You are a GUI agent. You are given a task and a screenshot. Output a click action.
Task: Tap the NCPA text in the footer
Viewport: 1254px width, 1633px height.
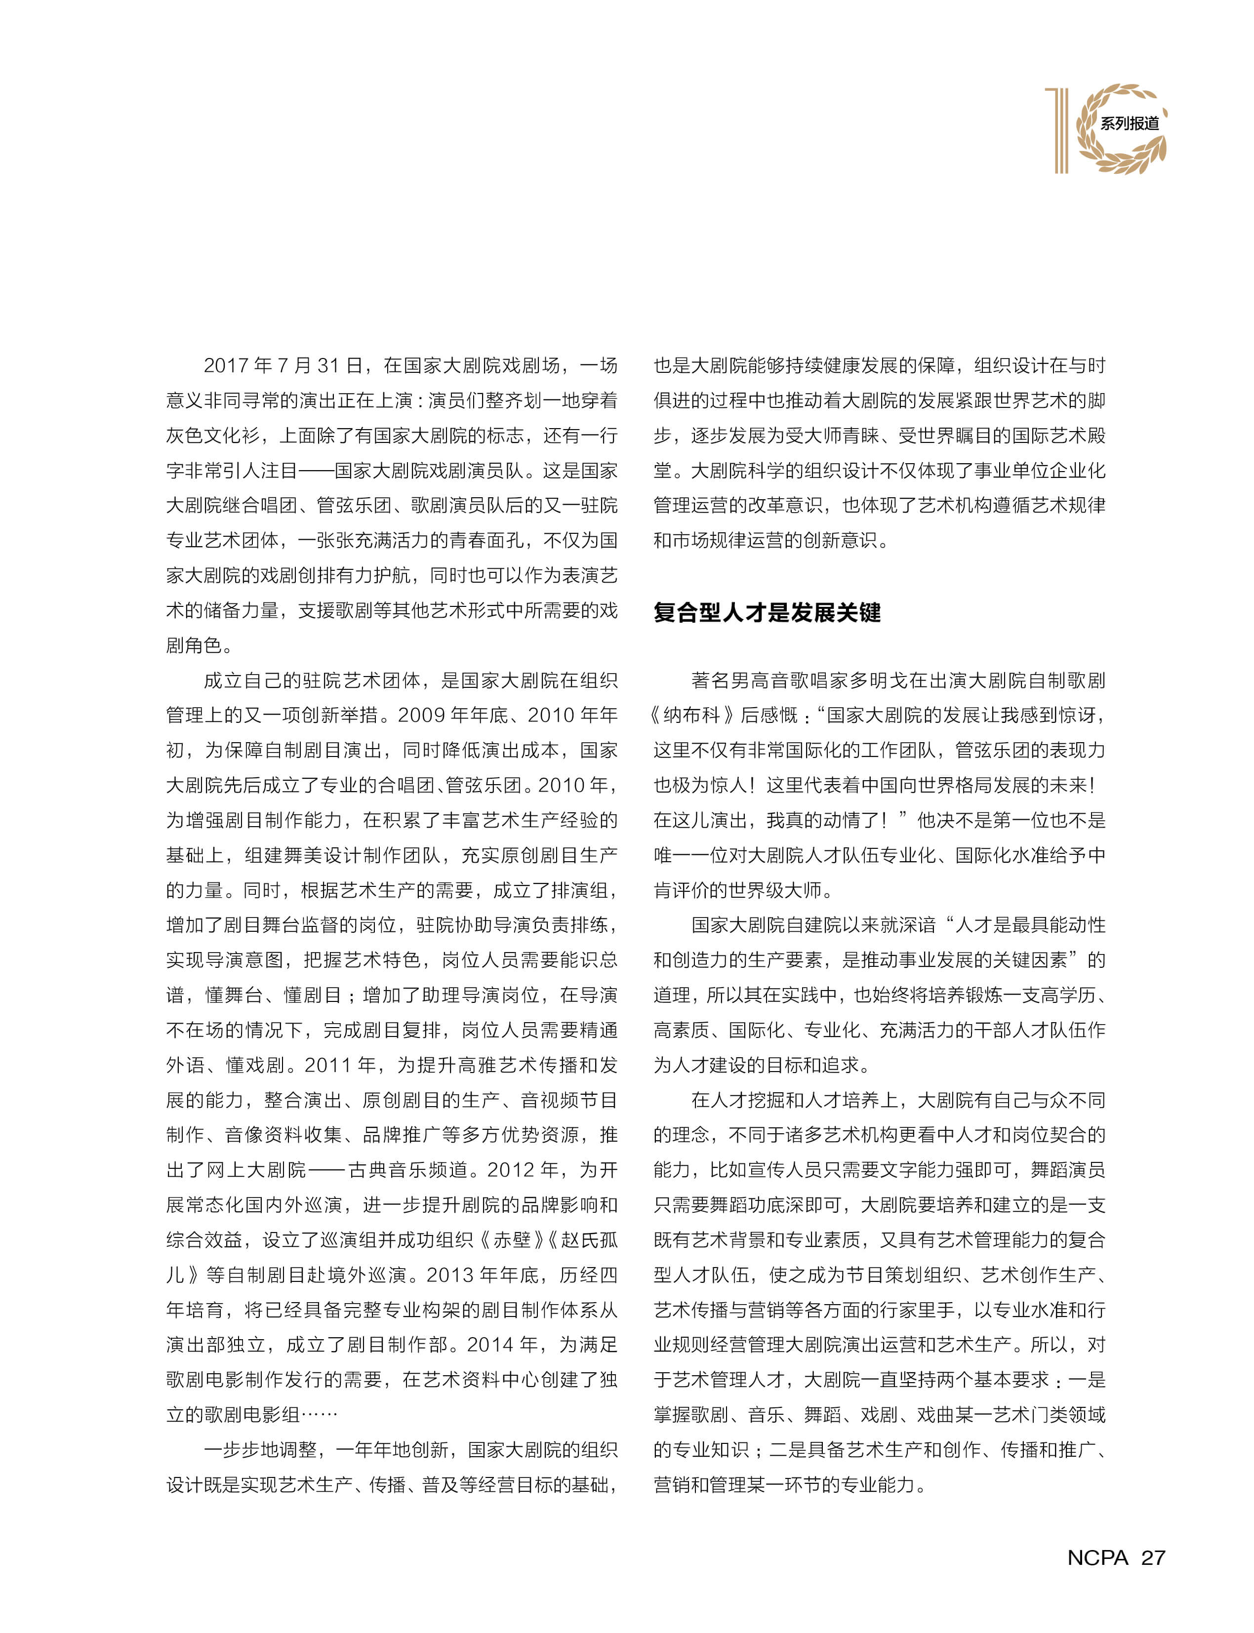1097,1557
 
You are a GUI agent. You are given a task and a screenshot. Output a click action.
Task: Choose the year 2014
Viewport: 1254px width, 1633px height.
490,1345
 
